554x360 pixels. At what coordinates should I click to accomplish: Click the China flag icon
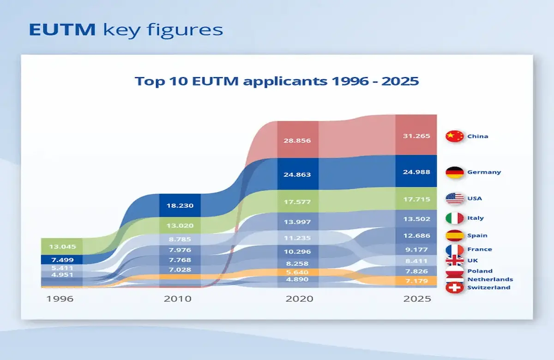pos(454,136)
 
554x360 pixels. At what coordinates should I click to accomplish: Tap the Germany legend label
pos(484,172)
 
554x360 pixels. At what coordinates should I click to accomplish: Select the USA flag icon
pos(454,199)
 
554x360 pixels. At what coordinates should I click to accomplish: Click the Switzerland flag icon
pos(454,288)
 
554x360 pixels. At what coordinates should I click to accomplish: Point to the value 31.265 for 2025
pos(416,136)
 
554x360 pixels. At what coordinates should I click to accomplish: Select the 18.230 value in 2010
pos(180,206)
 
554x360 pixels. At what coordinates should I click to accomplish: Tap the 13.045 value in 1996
pos(62,246)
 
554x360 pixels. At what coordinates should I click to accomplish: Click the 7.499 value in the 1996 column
pos(62,260)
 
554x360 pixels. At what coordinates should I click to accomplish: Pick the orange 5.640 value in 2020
pos(298,272)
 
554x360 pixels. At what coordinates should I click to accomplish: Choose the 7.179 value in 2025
pos(416,281)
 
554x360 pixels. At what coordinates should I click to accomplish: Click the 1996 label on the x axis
pos(60,299)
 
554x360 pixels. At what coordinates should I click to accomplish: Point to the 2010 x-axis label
pos(178,299)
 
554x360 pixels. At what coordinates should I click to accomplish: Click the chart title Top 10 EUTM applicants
pos(277,81)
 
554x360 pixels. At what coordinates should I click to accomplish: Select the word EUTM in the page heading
pos(62,30)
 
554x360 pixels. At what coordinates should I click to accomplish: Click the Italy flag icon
pos(454,218)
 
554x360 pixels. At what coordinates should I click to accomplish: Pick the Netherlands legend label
pos(490,279)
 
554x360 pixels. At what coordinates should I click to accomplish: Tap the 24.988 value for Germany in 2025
pos(416,172)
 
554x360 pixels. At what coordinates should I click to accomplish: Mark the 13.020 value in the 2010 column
pos(180,226)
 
